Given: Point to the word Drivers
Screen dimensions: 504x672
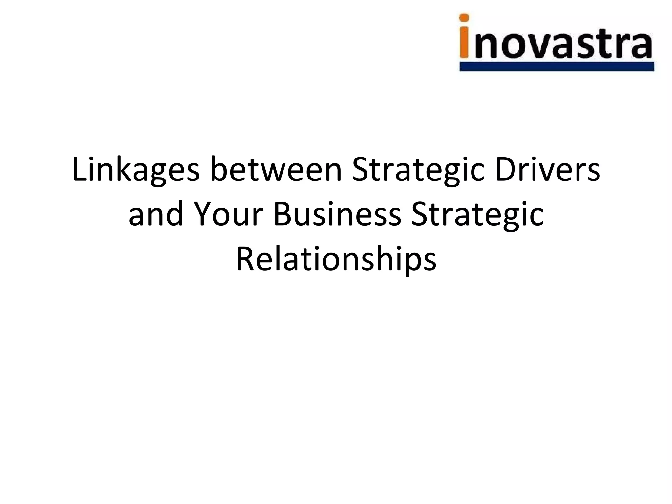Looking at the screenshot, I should click(x=548, y=170).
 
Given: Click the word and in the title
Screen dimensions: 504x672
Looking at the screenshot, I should click(x=156, y=215).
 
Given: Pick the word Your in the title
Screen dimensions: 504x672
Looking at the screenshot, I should click(x=229, y=215).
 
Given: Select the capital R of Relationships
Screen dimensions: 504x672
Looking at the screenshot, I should click(x=245, y=259).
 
